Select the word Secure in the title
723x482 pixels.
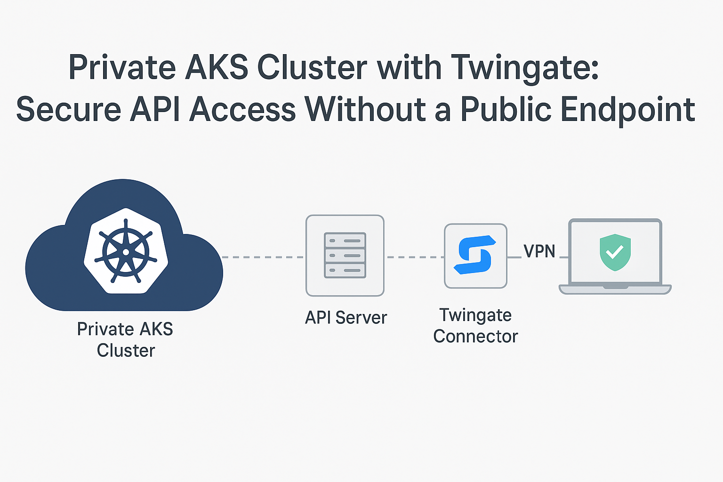point(69,110)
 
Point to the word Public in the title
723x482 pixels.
point(506,110)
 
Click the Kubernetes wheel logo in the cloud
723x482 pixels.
point(126,251)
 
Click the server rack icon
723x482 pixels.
point(345,255)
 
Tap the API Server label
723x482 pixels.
point(346,318)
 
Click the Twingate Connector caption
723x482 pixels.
point(475,326)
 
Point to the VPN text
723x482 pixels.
point(539,251)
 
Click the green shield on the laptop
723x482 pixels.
point(615,252)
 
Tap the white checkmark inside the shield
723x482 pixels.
point(614,253)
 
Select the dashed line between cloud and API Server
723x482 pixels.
point(263,257)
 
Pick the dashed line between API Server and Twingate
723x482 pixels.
point(414,257)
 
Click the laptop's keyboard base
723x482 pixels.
point(615,289)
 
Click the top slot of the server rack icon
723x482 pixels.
point(345,241)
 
